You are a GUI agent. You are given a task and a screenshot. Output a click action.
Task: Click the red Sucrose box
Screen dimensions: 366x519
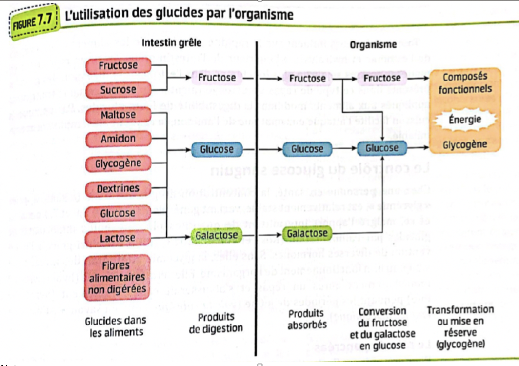click(118, 90)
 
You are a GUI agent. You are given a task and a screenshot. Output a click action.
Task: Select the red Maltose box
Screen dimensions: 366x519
click(118, 115)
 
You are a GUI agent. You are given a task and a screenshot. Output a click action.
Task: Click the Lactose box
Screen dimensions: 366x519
click(118, 239)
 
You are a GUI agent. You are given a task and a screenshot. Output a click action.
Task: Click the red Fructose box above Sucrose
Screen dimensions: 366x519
click(118, 65)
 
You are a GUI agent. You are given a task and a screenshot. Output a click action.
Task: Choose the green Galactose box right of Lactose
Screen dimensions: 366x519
click(216, 236)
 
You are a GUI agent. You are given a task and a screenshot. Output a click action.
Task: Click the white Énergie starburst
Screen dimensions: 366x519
click(464, 120)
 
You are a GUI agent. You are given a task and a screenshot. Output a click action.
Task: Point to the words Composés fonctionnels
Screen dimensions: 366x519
click(464, 83)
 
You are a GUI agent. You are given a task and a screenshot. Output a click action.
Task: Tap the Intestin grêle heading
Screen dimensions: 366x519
click(171, 42)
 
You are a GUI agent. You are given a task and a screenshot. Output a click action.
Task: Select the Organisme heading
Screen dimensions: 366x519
click(373, 45)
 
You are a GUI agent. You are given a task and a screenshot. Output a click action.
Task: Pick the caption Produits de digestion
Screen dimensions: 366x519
click(216, 322)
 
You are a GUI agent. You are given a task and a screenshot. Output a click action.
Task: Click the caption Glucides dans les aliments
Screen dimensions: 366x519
click(116, 326)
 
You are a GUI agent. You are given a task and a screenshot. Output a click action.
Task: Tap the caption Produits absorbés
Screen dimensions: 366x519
click(307, 319)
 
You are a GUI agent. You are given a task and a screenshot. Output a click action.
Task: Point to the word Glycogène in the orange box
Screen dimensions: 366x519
click(464, 144)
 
